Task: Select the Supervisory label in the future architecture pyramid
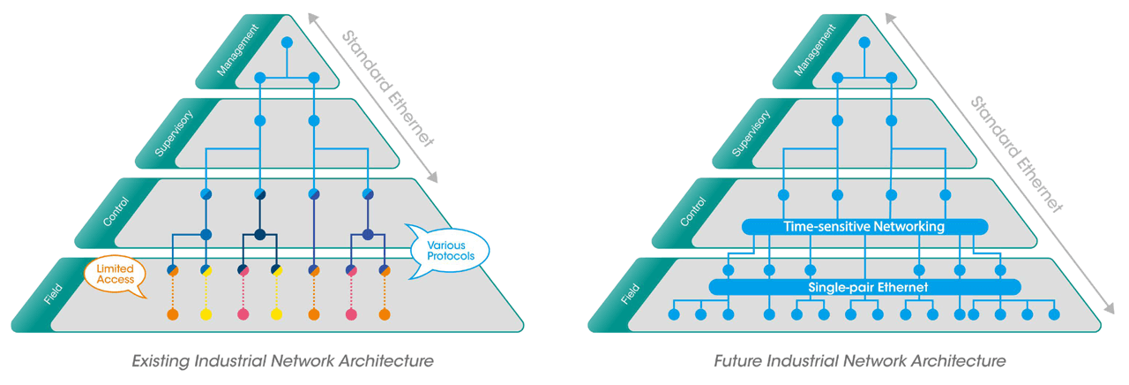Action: pos(752,133)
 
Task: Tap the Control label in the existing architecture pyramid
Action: pos(116,213)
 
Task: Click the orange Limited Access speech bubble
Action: pos(116,274)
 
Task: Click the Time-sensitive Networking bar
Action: pos(864,227)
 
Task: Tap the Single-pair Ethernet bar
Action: pos(864,287)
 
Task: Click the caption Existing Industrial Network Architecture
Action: pos(282,361)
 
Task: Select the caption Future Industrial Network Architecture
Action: pos(859,361)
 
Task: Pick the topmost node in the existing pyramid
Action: pos(286,42)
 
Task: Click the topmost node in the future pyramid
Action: pos(864,42)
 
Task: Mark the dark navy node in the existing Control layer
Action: pos(259,235)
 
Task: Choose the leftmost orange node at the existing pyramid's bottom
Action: pos(173,314)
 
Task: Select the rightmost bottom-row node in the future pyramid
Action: pos(1053,314)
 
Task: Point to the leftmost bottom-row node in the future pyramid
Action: pos(674,314)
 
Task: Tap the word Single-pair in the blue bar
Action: pos(839,287)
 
